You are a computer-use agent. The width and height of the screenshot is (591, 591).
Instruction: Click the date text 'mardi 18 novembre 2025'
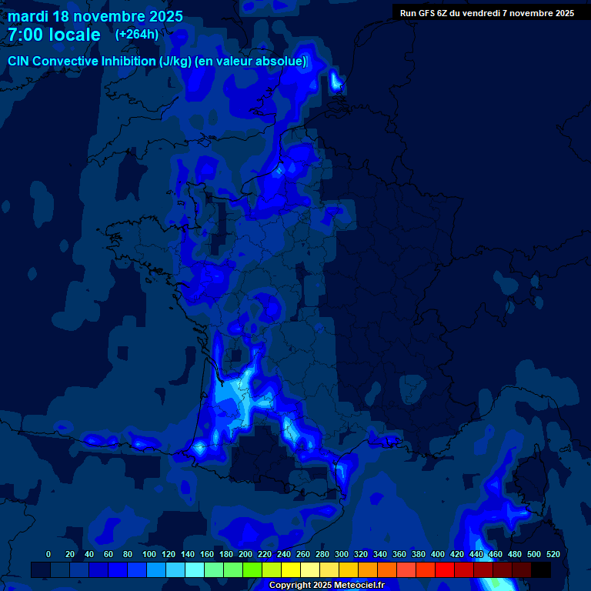click(x=95, y=16)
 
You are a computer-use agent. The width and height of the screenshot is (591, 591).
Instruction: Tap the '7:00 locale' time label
click(x=54, y=35)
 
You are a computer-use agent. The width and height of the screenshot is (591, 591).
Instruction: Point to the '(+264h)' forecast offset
click(x=137, y=35)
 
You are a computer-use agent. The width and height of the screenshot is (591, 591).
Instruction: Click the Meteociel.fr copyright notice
click(x=326, y=586)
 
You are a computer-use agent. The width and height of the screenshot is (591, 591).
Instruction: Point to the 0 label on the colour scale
click(x=48, y=554)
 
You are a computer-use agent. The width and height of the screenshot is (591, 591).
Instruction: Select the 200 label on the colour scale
click(x=245, y=554)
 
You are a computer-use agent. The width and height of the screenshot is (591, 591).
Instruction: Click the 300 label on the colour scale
click(x=342, y=554)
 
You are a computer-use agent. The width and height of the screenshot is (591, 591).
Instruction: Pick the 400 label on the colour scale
click(x=438, y=554)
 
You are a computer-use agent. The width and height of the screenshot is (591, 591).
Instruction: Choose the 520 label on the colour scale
click(x=553, y=554)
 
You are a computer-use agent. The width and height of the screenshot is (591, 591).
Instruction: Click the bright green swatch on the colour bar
click(x=252, y=569)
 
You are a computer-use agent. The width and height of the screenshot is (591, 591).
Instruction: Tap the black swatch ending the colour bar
click(x=541, y=569)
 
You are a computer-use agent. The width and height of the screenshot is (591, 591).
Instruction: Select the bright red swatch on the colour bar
click(x=445, y=569)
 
